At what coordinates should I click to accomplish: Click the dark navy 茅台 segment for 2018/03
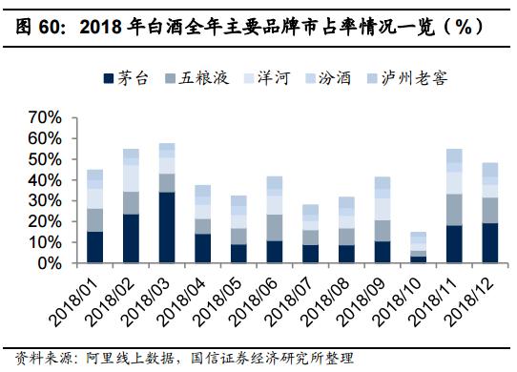[x=167, y=227]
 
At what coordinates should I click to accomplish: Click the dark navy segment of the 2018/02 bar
[x=132, y=238]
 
